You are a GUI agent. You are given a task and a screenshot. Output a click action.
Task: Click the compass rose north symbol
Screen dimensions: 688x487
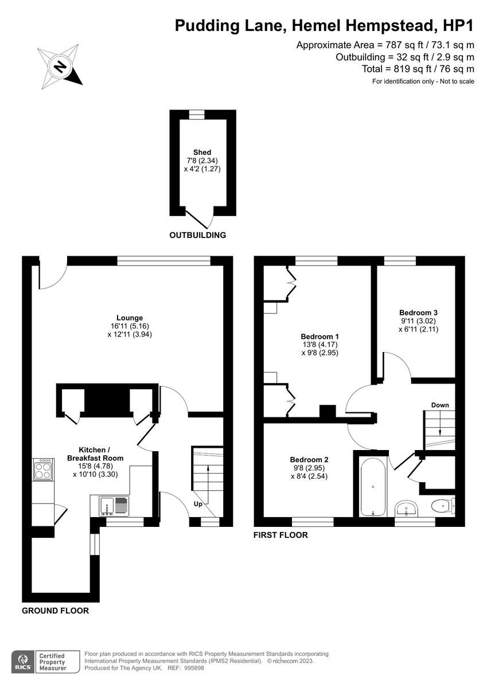click(x=60, y=67)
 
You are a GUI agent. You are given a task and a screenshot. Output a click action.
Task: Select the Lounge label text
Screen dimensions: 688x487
click(x=130, y=318)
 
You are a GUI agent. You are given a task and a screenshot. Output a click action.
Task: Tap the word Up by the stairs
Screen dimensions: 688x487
click(x=197, y=505)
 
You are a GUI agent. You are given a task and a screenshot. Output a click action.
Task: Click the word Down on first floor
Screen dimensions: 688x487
click(x=440, y=405)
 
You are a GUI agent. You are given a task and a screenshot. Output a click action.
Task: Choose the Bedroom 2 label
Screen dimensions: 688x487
click(x=309, y=459)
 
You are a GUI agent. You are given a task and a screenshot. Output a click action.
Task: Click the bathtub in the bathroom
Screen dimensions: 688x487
click(x=373, y=486)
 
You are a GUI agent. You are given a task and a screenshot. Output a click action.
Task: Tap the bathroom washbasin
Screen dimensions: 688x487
click(x=408, y=507)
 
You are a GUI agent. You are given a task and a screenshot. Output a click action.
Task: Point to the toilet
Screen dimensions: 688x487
click(x=443, y=506)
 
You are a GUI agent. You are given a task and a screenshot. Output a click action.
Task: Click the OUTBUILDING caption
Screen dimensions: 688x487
click(x=197, y=235)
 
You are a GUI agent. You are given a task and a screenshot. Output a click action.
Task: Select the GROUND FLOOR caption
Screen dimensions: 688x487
click(x=55, y=611)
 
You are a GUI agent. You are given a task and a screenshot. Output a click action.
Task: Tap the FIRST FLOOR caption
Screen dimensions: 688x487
click(x=280, y=535)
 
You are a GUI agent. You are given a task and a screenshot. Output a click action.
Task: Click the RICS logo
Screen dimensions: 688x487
click(x=23, y=660)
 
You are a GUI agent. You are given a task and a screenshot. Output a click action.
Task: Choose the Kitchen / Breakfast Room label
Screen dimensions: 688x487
click(x=95, y=454)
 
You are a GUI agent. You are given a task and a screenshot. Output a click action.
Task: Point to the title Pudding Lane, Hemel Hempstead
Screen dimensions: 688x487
click(x=324, y=25)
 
